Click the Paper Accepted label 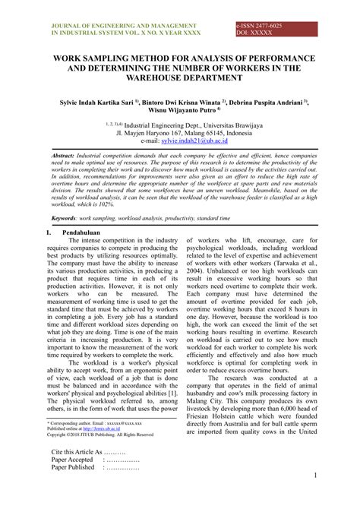point(72,460)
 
